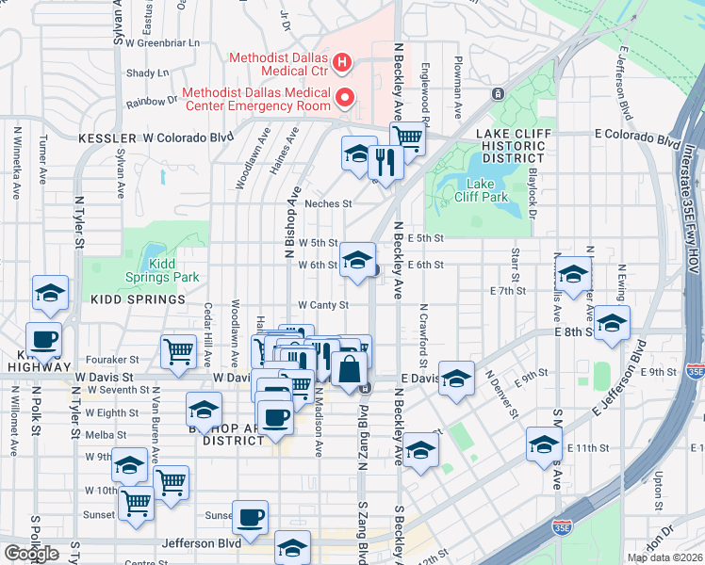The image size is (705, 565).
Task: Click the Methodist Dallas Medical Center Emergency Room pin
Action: click(345, 97)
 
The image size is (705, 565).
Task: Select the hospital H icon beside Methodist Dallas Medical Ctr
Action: click(342, 64)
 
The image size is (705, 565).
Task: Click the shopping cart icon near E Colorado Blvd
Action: click(407, 137)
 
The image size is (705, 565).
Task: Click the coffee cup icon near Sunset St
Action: click(251, 516)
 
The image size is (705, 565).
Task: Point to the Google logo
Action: click(31, 553)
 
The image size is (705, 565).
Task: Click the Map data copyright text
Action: click(664, 557)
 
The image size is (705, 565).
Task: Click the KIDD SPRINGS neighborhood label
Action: click(138, 299)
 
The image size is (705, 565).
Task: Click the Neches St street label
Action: click(329, 203)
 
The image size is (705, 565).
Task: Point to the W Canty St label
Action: click(323, 305)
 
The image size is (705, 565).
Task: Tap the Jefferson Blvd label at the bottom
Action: click(196, 543)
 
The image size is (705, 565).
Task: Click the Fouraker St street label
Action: click(114, 359)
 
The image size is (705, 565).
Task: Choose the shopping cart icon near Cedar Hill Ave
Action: click(178, 351)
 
